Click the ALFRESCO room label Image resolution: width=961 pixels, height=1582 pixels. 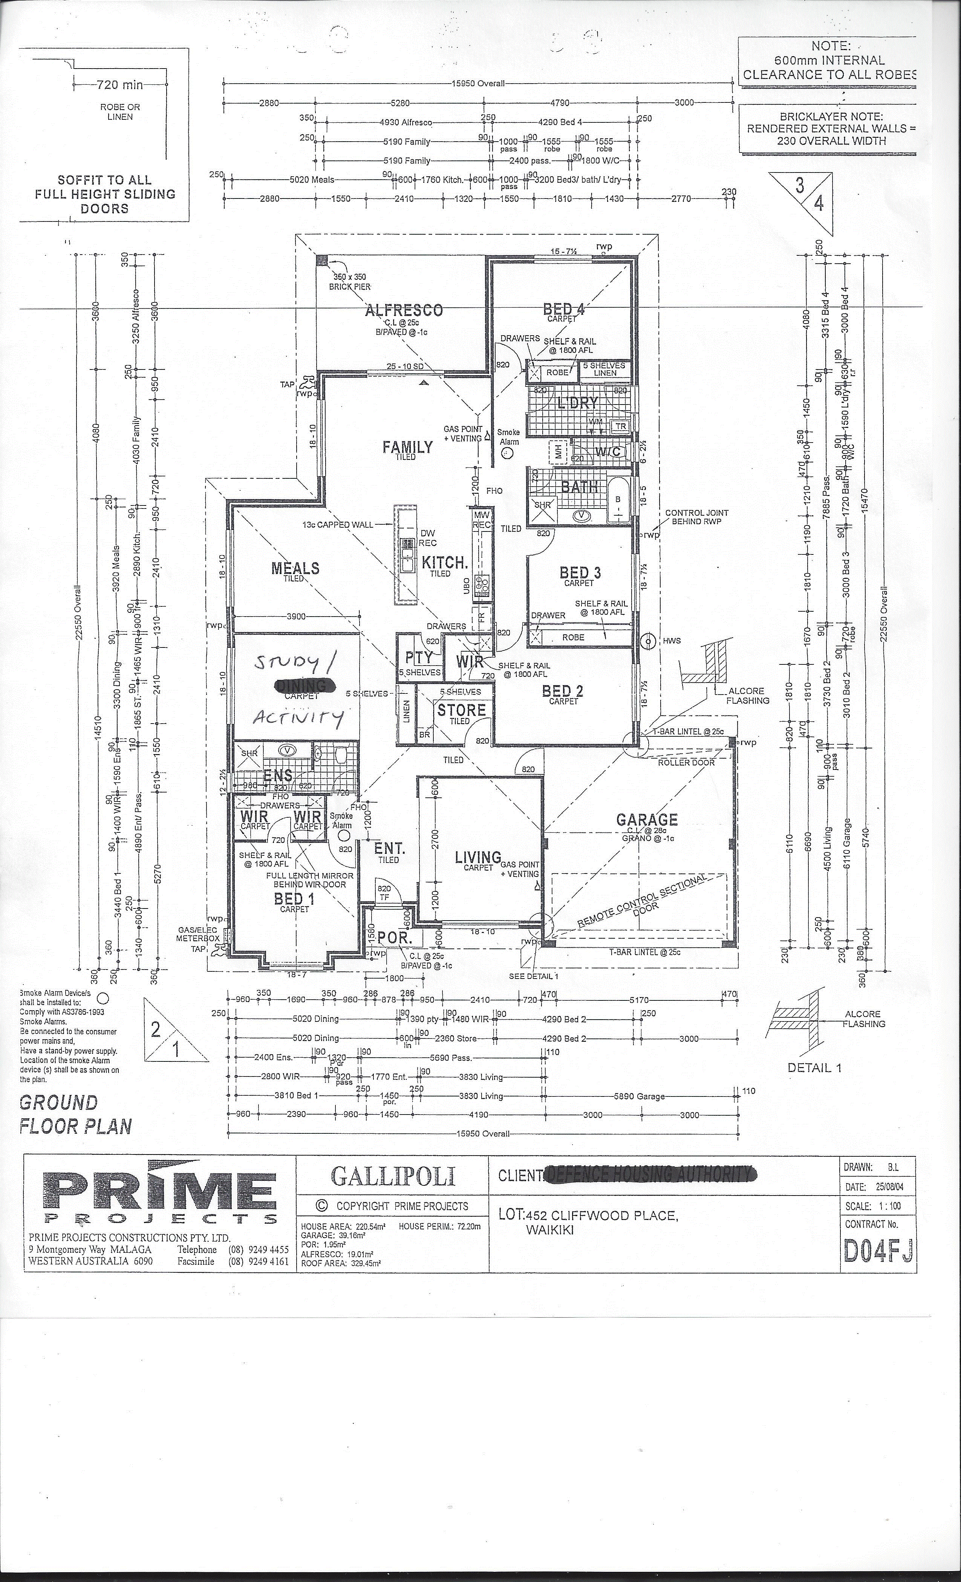(403, 311)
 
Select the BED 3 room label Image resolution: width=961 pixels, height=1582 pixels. (580, 572)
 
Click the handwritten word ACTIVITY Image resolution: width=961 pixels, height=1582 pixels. (298, 716)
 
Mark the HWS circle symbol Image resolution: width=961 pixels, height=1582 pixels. (649, 641)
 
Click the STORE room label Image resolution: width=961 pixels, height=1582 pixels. (461, 710)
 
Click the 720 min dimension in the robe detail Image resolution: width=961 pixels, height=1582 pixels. (119, 84)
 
